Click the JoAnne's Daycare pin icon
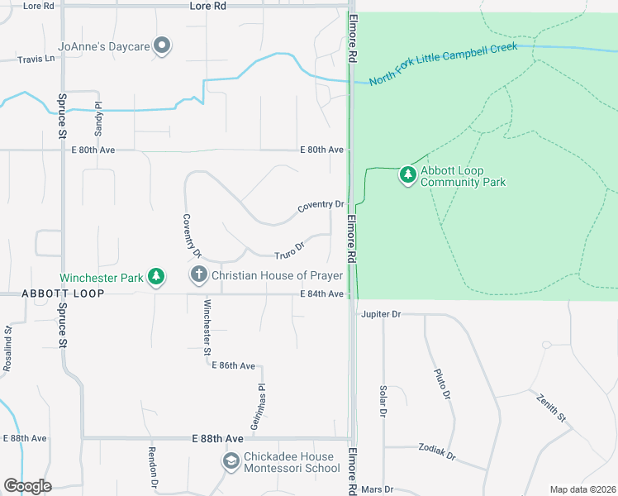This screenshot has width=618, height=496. tap(163, 46)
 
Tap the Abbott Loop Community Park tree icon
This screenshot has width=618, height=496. tap(407, 174)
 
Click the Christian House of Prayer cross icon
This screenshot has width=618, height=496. tap(197, 274)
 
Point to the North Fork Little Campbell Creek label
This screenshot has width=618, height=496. tap(443, 64)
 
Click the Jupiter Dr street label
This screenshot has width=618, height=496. tap(381, 314)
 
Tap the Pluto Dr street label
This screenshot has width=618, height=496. tap(442, 384)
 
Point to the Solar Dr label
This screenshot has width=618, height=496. tap(383, 400)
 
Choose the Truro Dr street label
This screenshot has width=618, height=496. tap(289, 246)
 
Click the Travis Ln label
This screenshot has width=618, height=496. tap(36, 60)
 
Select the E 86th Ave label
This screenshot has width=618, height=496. tap(233, 365)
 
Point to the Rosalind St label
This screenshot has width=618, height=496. tap(7, 348)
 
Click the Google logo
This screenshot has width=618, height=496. tap(27, 485)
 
